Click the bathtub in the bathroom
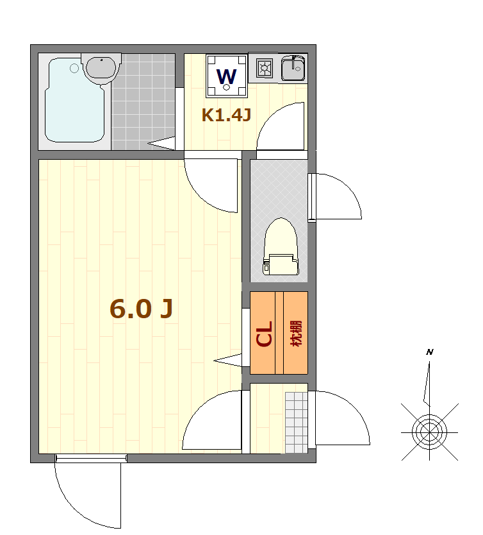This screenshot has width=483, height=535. point(74,99)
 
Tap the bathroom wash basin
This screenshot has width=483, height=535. point(101,67)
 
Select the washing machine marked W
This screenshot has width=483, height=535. point(227,76)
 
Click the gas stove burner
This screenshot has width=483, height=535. point(265,68)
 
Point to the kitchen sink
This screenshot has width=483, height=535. point(293,68)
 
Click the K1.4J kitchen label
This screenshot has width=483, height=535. point(227,115)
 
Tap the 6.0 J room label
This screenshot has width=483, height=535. point(142,309)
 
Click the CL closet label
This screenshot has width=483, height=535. point(265,334)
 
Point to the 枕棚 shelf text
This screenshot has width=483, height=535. point(296,334)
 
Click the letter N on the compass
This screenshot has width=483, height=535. point(430,352)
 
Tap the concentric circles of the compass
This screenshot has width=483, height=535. point(429,432)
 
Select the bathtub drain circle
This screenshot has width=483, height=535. point(74,68)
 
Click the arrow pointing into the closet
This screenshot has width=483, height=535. point(227,361)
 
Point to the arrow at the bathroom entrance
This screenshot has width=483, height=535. point(161,143)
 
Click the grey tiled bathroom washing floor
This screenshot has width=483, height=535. point(143,102)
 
